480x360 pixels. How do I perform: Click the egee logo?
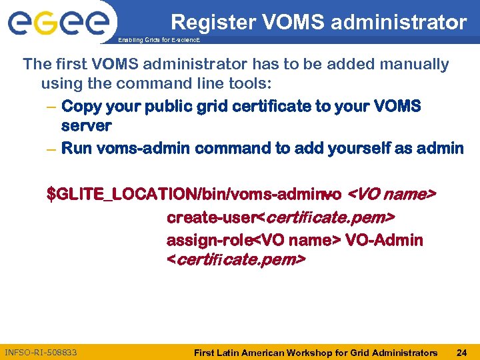click(58, 23)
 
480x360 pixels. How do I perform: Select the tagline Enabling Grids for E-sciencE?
click(159, 40)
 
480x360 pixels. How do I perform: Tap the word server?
click(86, 126)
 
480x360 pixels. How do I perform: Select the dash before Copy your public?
click(51, 107)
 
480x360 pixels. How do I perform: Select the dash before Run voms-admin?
click(51, 149)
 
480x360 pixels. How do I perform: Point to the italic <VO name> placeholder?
click(393, 195)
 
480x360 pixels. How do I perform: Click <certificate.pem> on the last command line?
click(236, 259)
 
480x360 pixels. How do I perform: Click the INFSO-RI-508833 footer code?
click(41, 352)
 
